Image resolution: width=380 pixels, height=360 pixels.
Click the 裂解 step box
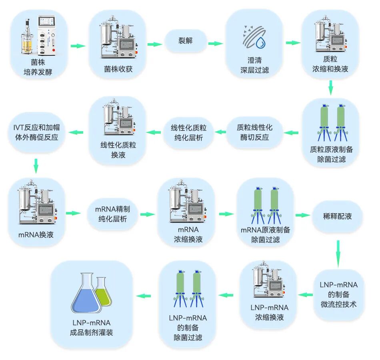[x=185, y=41]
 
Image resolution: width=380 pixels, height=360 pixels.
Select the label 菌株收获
[x=118, y=69]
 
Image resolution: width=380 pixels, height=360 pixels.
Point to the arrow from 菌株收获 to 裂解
[x=155, y=44]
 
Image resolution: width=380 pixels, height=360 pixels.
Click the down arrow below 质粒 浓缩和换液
[x=330, y=88]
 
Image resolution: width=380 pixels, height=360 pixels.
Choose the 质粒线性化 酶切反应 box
[x=254, y=132]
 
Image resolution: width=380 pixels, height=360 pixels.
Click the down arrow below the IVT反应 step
[x=36, y=166]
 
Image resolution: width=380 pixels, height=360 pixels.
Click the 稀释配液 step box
[x=337, y=216]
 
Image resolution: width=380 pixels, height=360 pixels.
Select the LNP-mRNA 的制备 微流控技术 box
[x=338, y=294]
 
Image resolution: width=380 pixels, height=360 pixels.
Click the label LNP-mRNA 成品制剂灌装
[x=91, y=327]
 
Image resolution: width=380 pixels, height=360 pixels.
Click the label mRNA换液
[x=36, y=235]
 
